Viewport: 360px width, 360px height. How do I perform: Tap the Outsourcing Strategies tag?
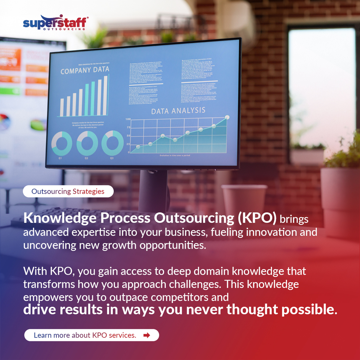[68, 191]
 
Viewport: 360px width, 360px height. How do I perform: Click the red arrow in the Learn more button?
[147, 335]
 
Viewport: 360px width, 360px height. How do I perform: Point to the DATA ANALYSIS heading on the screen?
[178, 111]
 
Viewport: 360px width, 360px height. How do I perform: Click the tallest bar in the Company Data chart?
[105, 95]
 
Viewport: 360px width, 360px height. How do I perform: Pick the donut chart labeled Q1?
[61, 144]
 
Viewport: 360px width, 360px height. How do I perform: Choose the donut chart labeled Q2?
[87, 143]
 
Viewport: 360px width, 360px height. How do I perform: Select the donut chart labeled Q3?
[112, 143]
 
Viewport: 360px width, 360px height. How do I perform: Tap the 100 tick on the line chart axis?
[128, 119]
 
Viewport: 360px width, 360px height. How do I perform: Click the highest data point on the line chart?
[227, 117]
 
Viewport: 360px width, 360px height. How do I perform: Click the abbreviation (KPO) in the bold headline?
[257, 218]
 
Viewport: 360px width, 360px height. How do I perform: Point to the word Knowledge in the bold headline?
[60, 218]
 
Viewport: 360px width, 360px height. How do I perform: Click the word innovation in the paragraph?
[256, 232]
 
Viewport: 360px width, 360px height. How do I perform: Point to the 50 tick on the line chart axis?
[128, 136]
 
